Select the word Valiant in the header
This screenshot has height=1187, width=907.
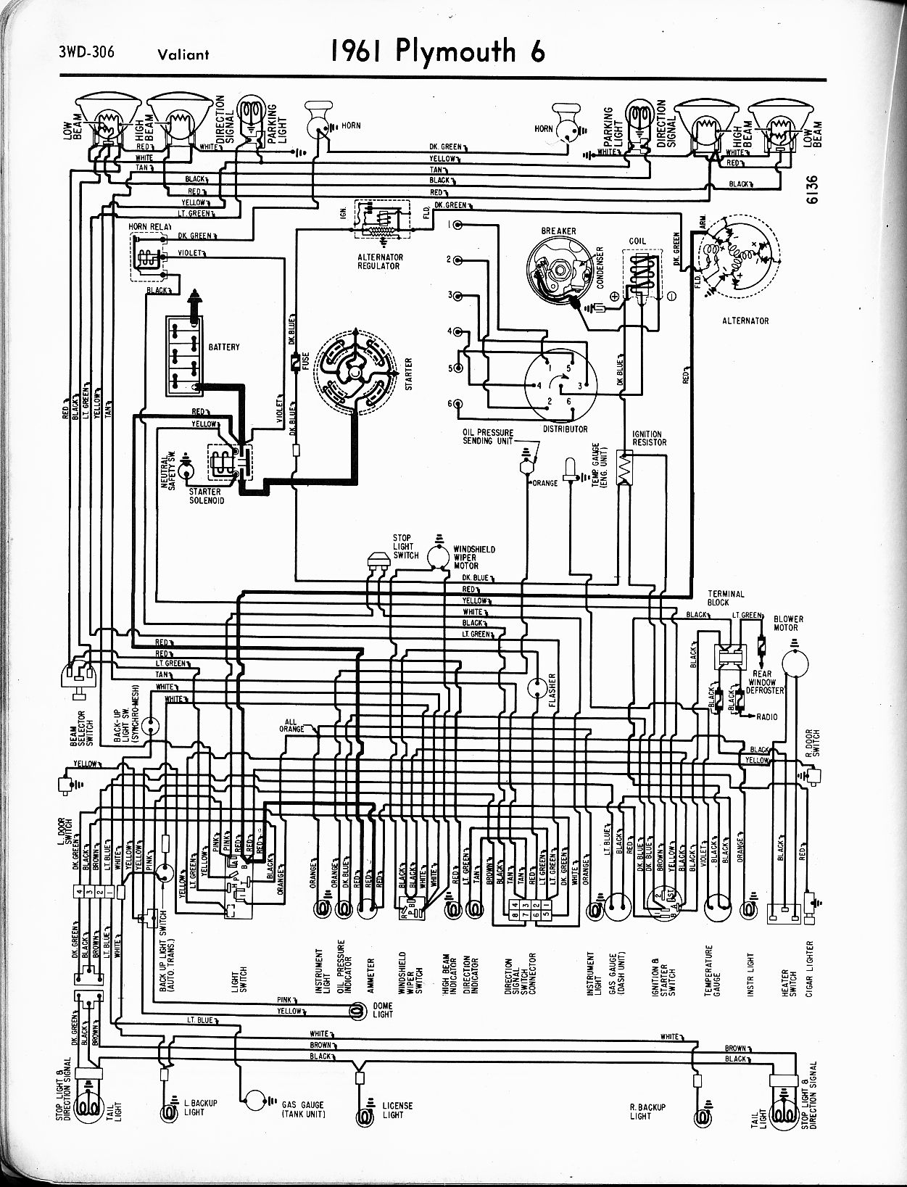tap(181, 54)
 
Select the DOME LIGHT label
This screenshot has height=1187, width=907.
tap(382, 1009)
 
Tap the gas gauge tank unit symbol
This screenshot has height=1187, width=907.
tap(255, 1100)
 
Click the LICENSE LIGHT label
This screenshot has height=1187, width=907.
tap(397, 1109)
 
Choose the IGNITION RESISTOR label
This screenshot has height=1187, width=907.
tap(649, 438)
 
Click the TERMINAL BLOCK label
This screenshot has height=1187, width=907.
tap(726, 597)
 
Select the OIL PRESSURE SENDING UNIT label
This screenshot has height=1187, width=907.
tap(488, 437)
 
